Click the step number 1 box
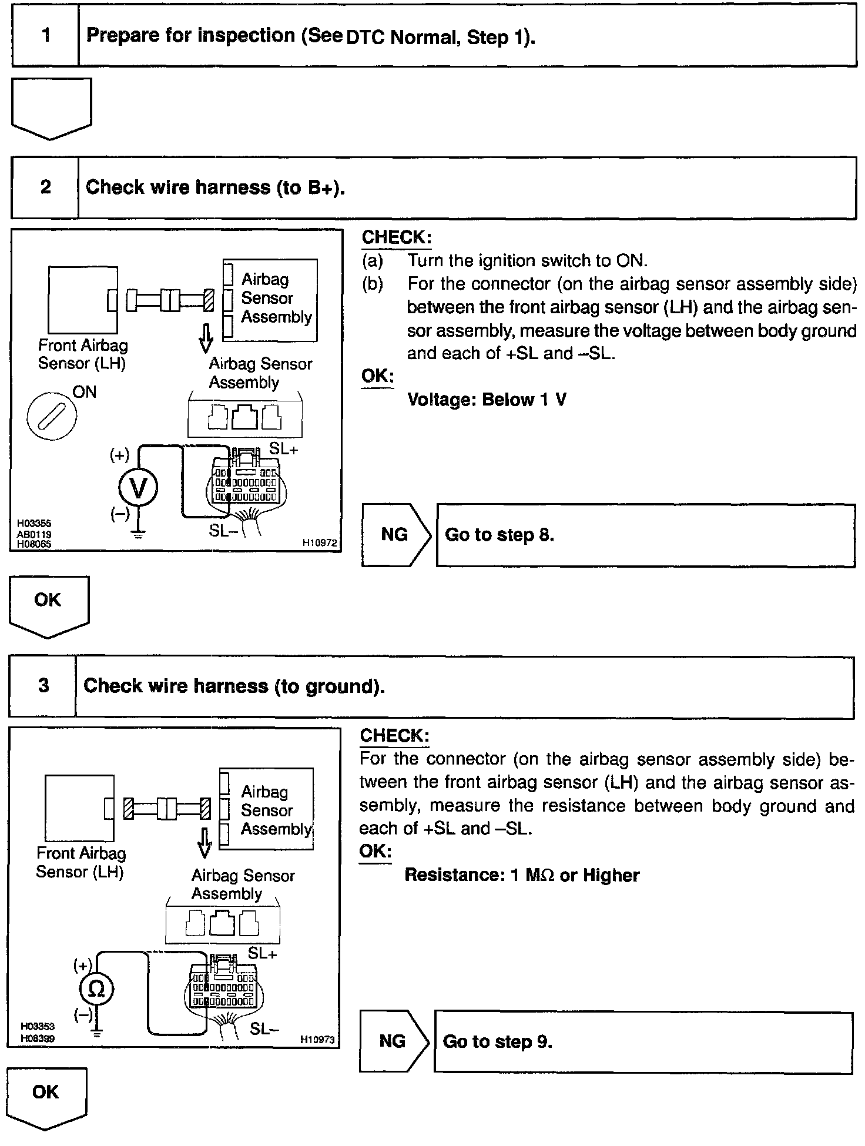[46, 36]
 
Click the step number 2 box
[45, 187]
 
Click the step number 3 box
[43, 686]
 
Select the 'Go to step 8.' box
[645, 535]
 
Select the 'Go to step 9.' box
[642, 1041]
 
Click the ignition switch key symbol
[52, 418]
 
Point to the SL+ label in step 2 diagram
[283, 448]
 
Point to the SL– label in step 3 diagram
[264, 1028]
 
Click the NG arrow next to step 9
[393, 1041]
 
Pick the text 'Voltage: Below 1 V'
[487, 400]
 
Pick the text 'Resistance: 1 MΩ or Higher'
[521, 875]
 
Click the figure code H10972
[320, 543]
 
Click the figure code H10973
[317, 1039]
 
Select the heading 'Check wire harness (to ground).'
[234, 686]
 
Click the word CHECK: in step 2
[396, 237]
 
